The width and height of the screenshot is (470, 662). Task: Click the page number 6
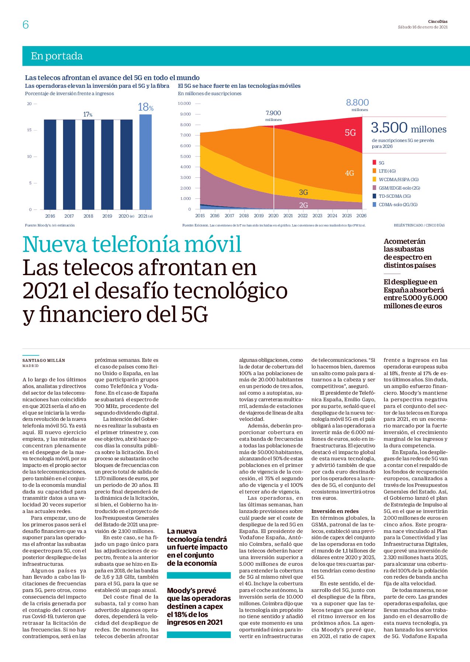point(25,24)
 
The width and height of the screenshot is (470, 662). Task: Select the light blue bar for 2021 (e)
point(145,162)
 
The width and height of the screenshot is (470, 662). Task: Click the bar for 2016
point(50,164)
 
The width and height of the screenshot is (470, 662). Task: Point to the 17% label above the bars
point(88,114)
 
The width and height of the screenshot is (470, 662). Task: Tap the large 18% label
point(146,107)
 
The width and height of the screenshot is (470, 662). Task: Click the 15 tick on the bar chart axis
point(29,130)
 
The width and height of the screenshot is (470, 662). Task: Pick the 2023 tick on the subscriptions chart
point(317,216)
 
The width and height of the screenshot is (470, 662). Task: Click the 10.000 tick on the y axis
point(184,104)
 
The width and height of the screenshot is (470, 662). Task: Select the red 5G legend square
point(374,163)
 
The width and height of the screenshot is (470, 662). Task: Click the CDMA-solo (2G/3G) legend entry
point(395,205)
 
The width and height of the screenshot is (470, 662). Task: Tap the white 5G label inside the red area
point(350,133)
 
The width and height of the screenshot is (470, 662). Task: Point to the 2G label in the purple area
point(303,205)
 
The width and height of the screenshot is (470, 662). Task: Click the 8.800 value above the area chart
point(357,103)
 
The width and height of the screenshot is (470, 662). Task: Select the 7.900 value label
point(273,113)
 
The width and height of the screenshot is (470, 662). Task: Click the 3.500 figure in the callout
point(389,128)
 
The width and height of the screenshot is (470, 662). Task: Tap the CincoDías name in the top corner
point(438,21)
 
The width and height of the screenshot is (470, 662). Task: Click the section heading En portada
point(57,56)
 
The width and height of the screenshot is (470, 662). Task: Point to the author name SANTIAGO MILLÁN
point(44,360)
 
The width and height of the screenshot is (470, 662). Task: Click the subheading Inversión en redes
point(335,511)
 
